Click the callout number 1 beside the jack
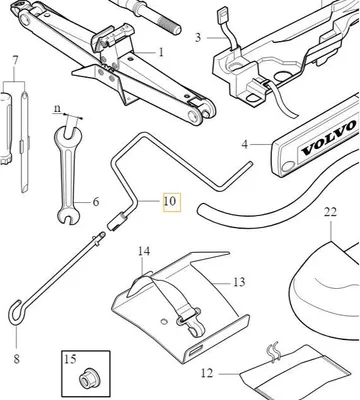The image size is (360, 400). click(161, 52)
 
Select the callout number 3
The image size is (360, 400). click(198, 37)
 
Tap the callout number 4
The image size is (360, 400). click(245, 144)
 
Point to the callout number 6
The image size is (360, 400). click(96, 202)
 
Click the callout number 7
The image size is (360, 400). click(15, 61)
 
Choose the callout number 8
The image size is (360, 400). click(17, 359)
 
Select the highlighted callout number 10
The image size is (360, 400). click(171, 202)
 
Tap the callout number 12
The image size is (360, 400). click(207, 373)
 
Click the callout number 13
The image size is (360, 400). click(239, 282)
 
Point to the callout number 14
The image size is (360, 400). click(144, 251)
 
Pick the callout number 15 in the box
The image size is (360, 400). click(70, 359)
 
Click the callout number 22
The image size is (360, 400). click(330, 212)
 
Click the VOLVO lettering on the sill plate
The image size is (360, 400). click(328, 138)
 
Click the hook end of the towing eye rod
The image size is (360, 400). click(15, 312)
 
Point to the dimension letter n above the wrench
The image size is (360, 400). click(58, 109)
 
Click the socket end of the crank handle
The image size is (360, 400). click(115, 222)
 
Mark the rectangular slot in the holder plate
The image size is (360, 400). click(196, 350)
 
